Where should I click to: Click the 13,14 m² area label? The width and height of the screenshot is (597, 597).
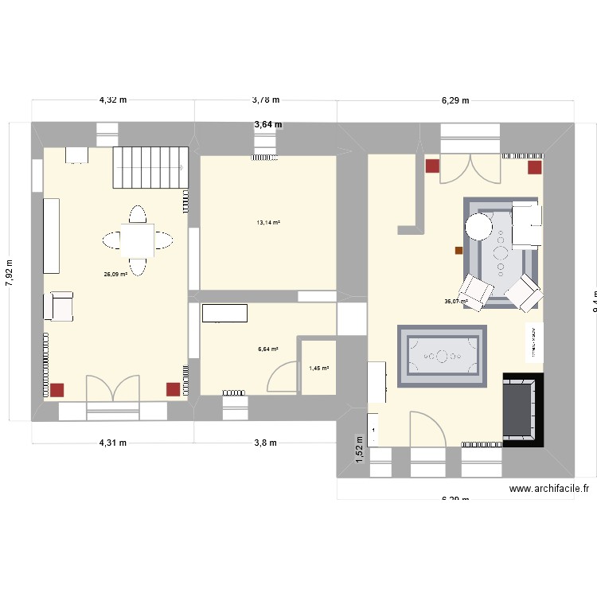[267, 223]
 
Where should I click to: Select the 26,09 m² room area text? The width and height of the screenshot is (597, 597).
[115, 275]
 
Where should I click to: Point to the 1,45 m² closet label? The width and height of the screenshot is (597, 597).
[318, 368]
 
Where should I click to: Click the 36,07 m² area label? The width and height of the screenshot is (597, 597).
[455, 302]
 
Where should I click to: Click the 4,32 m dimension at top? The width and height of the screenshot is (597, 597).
[113, 100]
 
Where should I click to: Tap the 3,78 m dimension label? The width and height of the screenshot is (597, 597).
[266, 100]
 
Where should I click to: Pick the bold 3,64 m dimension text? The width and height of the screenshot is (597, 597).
[267, 124]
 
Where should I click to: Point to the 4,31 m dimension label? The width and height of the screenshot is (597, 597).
[113, 443]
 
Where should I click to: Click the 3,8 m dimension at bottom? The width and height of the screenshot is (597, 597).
[266, 443]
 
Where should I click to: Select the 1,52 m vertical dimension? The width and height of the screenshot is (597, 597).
[360, 449]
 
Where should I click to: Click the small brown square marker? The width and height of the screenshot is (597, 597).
[458, 250]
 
